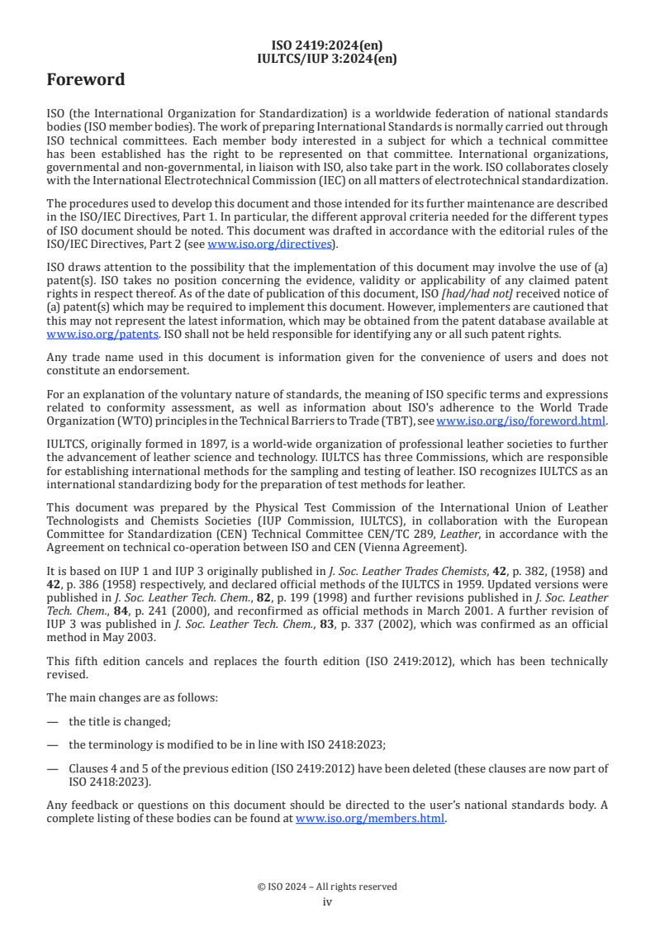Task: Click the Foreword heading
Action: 86,80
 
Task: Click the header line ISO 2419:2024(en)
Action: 327,45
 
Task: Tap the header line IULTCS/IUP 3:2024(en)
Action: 327,59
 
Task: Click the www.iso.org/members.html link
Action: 370,819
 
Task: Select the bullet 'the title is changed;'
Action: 119,721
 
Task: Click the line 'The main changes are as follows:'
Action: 132,698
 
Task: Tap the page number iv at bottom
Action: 327,901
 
